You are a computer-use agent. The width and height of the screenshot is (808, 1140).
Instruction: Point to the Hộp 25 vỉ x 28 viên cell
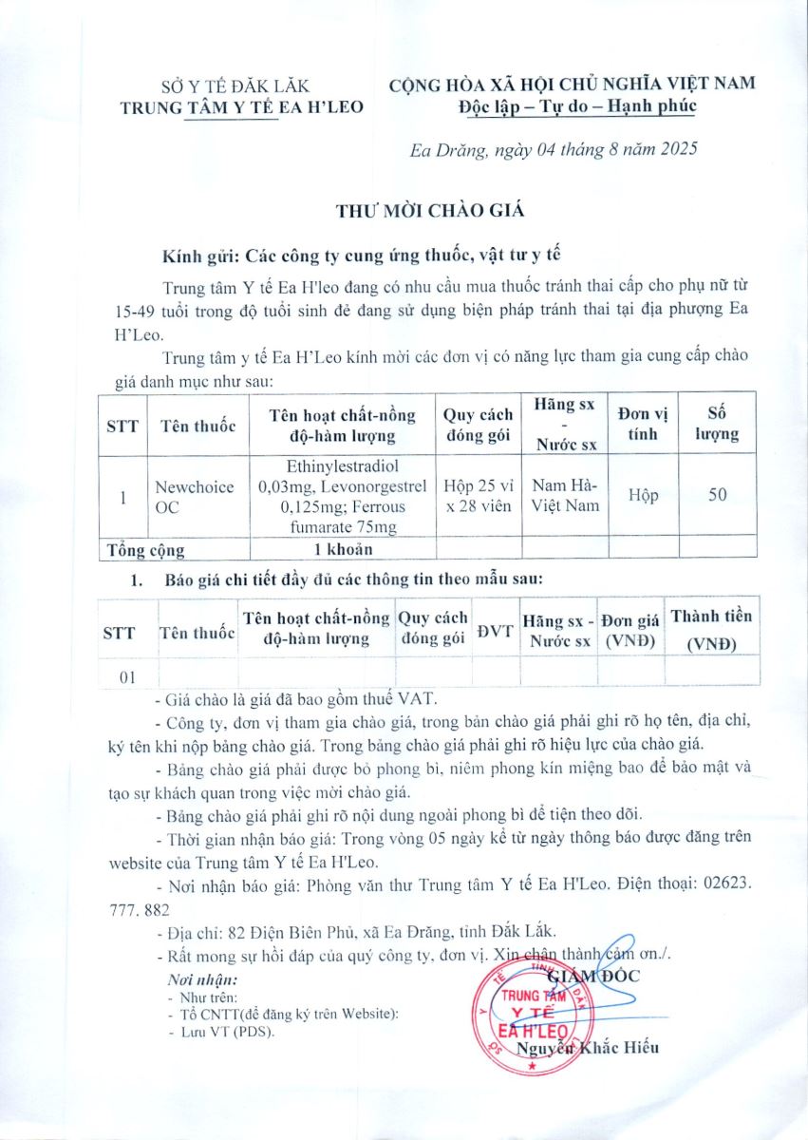tap(478, 495)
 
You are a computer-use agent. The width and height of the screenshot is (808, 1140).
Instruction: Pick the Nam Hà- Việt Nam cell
tap(565, 495)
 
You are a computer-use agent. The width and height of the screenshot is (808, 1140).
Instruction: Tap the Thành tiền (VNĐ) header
tap(711, 629)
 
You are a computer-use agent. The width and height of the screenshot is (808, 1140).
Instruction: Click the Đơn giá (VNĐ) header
tap(632, 630)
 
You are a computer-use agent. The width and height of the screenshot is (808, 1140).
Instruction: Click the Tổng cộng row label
tap(146, 549)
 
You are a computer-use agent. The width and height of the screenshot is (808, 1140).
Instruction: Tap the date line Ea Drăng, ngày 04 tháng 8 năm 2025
tap(554, 149)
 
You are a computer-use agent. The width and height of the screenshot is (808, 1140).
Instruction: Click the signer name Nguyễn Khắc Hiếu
tap(588, 1048)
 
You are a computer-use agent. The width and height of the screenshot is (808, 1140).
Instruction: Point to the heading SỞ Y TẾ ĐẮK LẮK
tap(241, 86)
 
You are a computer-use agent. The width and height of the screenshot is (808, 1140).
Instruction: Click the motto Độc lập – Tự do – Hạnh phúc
tap(574, 105)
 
